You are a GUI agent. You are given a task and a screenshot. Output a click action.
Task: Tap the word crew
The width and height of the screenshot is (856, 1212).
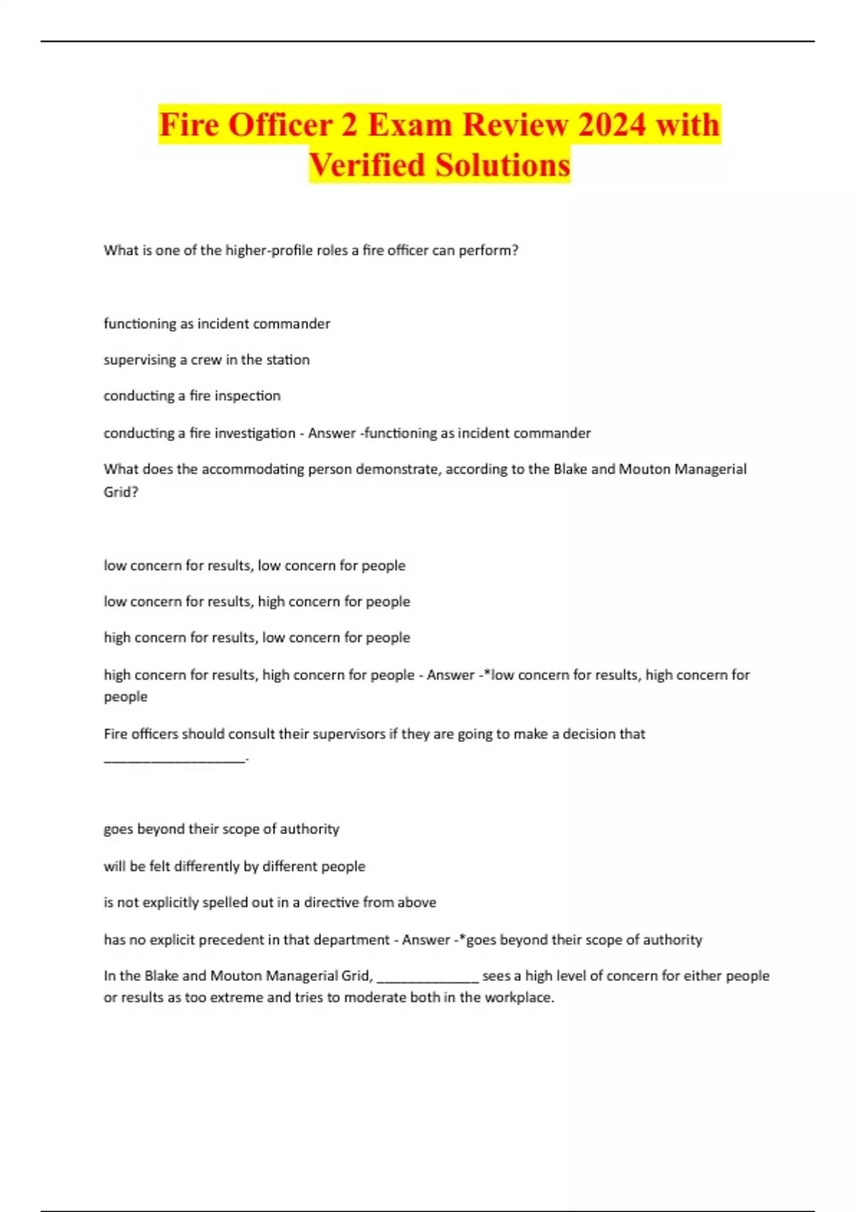[206, 360]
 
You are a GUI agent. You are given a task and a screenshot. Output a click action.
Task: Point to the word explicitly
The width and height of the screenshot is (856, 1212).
[170, 903]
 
